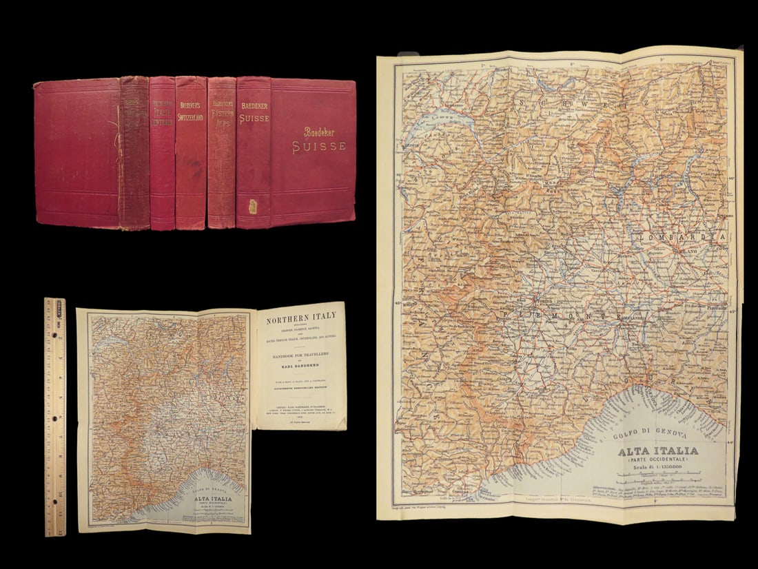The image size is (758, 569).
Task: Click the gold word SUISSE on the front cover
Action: click(x=318, y=146)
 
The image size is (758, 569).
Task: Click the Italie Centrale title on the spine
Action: click(x=162, y=113)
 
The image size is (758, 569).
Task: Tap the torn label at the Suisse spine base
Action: click(x=253, y=206)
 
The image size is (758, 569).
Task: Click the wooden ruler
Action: click(x=55, y=416)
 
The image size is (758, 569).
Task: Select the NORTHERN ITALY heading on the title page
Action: click(x=302, y=315)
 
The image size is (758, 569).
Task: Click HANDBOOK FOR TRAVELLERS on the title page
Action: click(x=301, y=355)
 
